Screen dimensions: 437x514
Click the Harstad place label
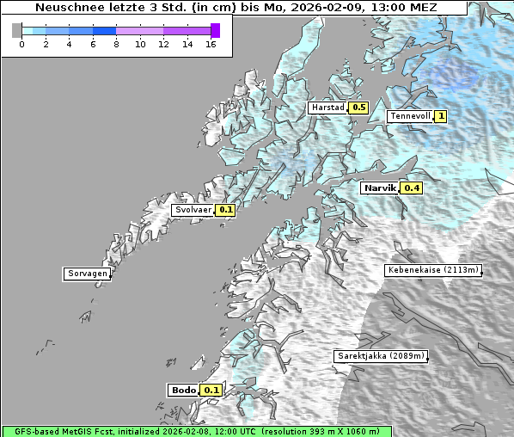pyautogui.click(x=327, y=108)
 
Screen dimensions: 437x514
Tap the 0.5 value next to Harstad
pyautogui.click(x=358, y=108)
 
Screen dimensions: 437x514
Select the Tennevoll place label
pyautogui.click(x=410, y=116)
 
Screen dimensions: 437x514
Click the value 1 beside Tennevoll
pyautogui.click(x=441, y=116)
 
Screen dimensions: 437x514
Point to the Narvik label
pyautogui.click(x=379, y=188)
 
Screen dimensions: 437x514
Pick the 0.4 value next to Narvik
pyautogui.click(x=412, y=188)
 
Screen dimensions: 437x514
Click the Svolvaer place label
pyautogui.click(x=193, y=209)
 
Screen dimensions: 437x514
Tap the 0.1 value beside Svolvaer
pyautogui.click(x=225, y=209)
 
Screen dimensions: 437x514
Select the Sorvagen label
pyautogui.click(x=87, y=274)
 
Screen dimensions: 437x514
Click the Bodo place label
pyautogui.click(x=183, y=390)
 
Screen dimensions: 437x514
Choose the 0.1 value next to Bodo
pyautogui.click(x=211, y=390)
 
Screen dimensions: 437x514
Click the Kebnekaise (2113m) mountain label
pyautogui.click(x=432, y=270)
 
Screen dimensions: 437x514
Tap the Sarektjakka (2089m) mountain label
pyautogui.click(x=379, y=355)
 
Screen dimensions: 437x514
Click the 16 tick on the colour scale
pyautogui.click(x=211, y=44)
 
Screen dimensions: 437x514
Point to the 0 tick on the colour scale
pyautogui.click(x=21, y=44)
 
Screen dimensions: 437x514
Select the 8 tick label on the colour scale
pyautogui.click(x=116, y=44)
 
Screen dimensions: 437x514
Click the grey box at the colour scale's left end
pyautogui.click(x=17, y=30)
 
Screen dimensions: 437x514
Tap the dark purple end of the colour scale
pyautogui.click(x=215, y=30)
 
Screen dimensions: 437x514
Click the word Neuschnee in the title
pyautogui.click(x=66, y=8)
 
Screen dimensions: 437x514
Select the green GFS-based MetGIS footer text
pyautogui.click(x=196, y=431)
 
